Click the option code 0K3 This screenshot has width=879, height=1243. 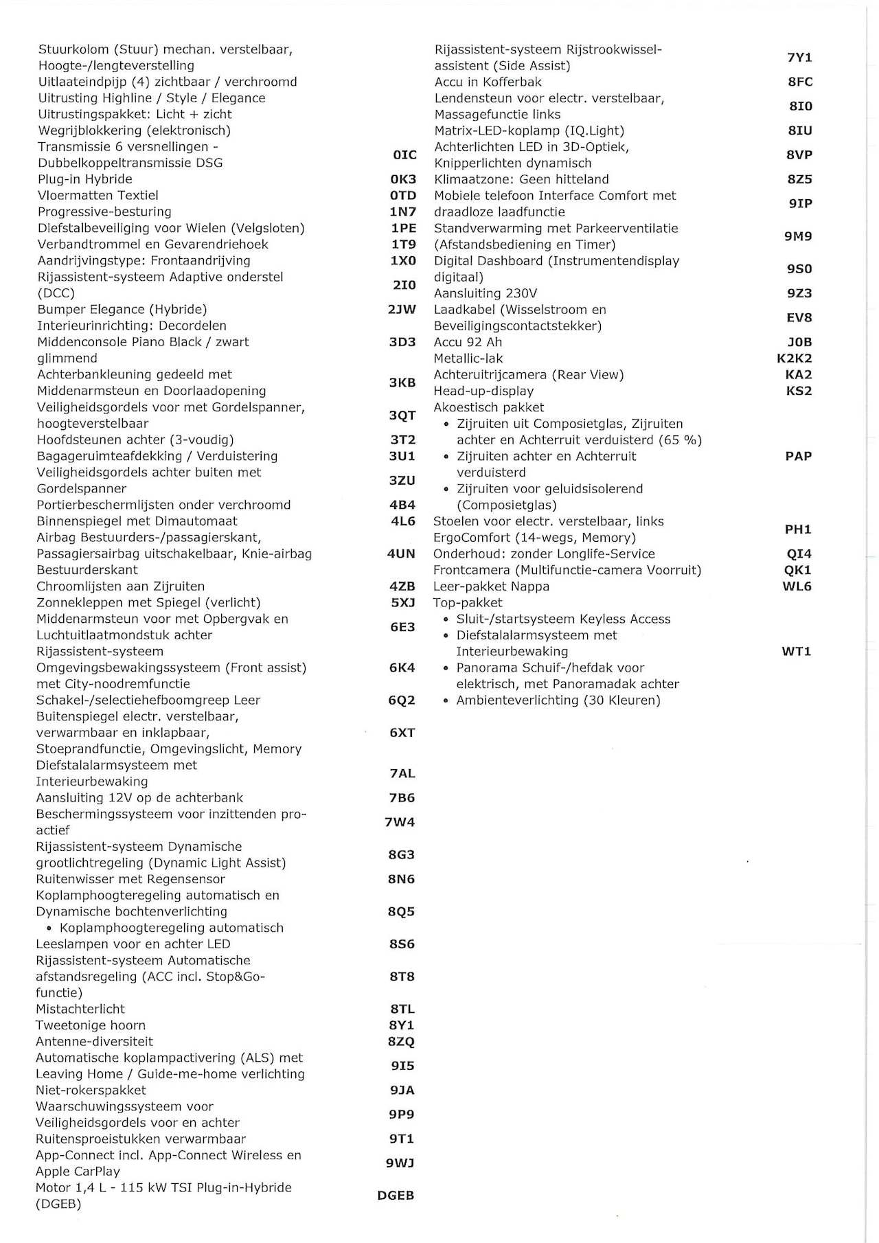coord(403,179)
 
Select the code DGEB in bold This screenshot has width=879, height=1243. coord(396,1196)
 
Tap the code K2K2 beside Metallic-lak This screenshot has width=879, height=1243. coord(795,358)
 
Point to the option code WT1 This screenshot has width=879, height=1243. coord(797,652)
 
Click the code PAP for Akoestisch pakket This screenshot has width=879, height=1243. coord(798,456)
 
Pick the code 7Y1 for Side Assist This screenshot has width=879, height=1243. coord(799,58)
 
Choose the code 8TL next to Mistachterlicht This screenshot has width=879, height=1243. coord(402,1010)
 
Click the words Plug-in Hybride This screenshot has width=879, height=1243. coord(85,179)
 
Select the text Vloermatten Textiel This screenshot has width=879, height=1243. coord(98,196)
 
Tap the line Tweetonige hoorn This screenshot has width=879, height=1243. coord(91,1025)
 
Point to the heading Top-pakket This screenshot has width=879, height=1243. coord(468,603)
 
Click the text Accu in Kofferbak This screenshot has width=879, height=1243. coord(488,82)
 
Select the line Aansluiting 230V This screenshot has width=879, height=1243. coord(486,293)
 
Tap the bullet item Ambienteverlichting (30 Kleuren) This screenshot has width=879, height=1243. coord(558,700)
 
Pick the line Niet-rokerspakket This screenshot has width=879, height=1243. coord(91,1091)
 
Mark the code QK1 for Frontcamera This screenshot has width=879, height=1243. coord(798,570)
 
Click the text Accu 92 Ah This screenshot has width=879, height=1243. coord(468,342)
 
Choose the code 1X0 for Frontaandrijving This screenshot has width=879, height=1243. coord(403,261)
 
